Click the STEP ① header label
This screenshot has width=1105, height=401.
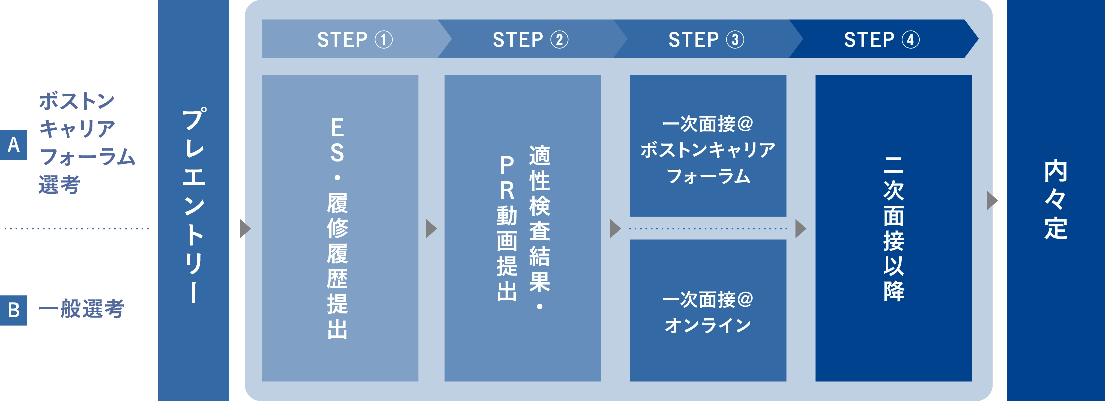(x=355, y=40)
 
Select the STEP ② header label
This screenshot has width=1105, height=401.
(x=530, y=40)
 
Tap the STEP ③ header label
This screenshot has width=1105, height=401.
(x=706, y=40)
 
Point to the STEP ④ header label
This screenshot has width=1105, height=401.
(x=882, y=40)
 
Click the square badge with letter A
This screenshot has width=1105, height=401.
(x=14, y=145)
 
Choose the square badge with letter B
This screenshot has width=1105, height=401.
(x=14, y=310)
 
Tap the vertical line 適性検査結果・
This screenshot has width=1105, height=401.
(x=539, y=227)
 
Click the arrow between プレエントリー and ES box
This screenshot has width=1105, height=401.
(x=244, y=229)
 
